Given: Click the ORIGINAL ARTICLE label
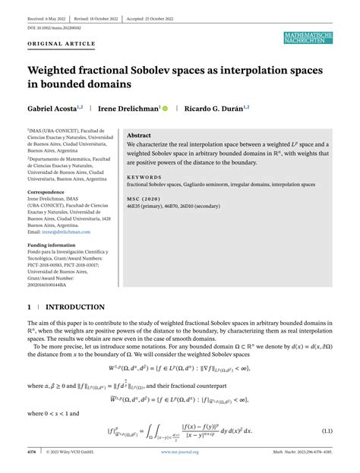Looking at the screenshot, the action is (x=57, y=44).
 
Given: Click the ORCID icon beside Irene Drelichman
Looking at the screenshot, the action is (x=165, y=109).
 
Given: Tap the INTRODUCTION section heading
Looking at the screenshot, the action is (x=75, y=307).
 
